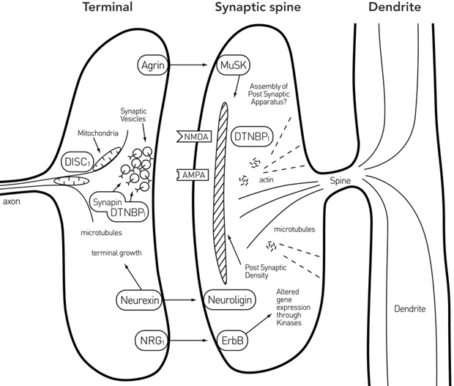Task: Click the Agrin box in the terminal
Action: (x=152, y=66)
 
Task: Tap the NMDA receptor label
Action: (x=193, y=136)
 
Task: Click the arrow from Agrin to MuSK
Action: (x=194, y=66)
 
